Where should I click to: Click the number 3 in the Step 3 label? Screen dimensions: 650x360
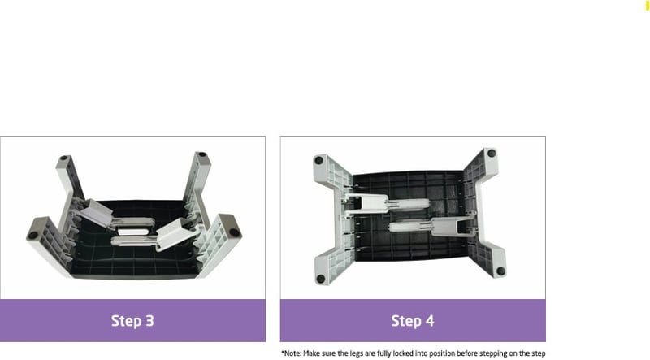point(149,321)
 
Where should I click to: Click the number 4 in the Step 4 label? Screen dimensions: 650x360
point(430,321)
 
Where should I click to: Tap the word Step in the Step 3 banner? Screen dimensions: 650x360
point(126,322)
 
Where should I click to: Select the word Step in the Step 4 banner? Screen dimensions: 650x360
point(406,322)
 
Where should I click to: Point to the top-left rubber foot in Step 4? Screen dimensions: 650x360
point(318,160)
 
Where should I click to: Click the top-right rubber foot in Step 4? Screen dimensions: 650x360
point(492,153)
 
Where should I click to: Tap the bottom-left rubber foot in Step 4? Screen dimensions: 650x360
point(320,279)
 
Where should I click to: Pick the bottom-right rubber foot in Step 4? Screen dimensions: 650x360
point(500,271)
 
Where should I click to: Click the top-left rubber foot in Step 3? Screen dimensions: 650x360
point(64,158)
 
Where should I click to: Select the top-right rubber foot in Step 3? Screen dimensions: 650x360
point(201,154)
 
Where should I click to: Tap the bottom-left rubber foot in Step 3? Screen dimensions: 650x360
point(32,235)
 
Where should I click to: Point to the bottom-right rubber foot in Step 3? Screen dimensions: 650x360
point(234,232)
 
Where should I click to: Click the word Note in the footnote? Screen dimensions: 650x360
point(292,353)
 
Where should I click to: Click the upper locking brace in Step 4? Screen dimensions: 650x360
point(385,204)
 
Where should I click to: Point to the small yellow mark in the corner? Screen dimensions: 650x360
point(647,6)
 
